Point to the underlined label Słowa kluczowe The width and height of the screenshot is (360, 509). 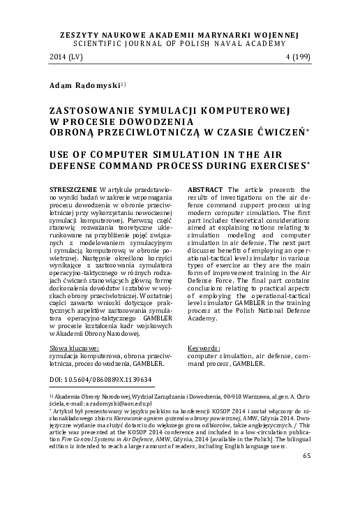pos(75,347)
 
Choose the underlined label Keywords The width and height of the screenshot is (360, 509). pos(204,347)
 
